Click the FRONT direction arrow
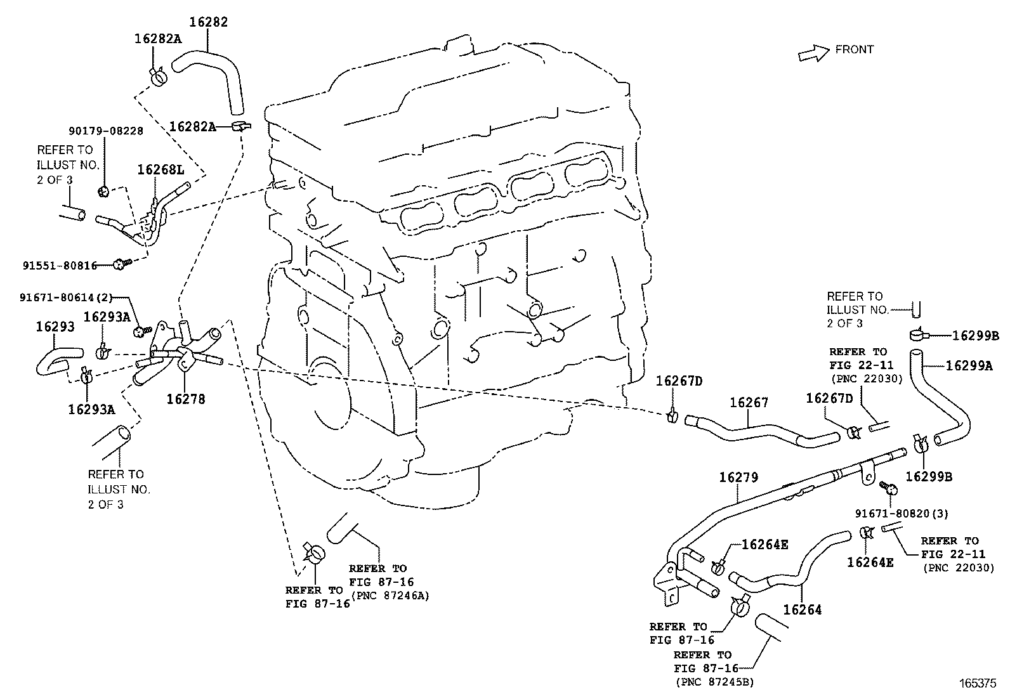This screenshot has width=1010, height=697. (x=813, y=53)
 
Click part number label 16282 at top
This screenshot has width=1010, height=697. (x=208, y=22)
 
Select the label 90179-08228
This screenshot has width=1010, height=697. (x=105, y=131)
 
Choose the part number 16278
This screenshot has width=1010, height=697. (x=185, y=399)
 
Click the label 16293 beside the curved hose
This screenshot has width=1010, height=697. (x=55, y=327)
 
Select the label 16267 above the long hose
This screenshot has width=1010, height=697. (x=749, y=402)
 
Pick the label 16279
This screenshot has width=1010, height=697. (x=738, y=477)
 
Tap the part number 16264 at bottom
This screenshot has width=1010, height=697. (x=803, y=609)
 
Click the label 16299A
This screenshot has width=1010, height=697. (x=969, y=365)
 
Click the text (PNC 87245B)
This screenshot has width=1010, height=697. (x=714, y=682)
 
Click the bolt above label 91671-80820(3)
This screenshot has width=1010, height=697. (x=889, y=488)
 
